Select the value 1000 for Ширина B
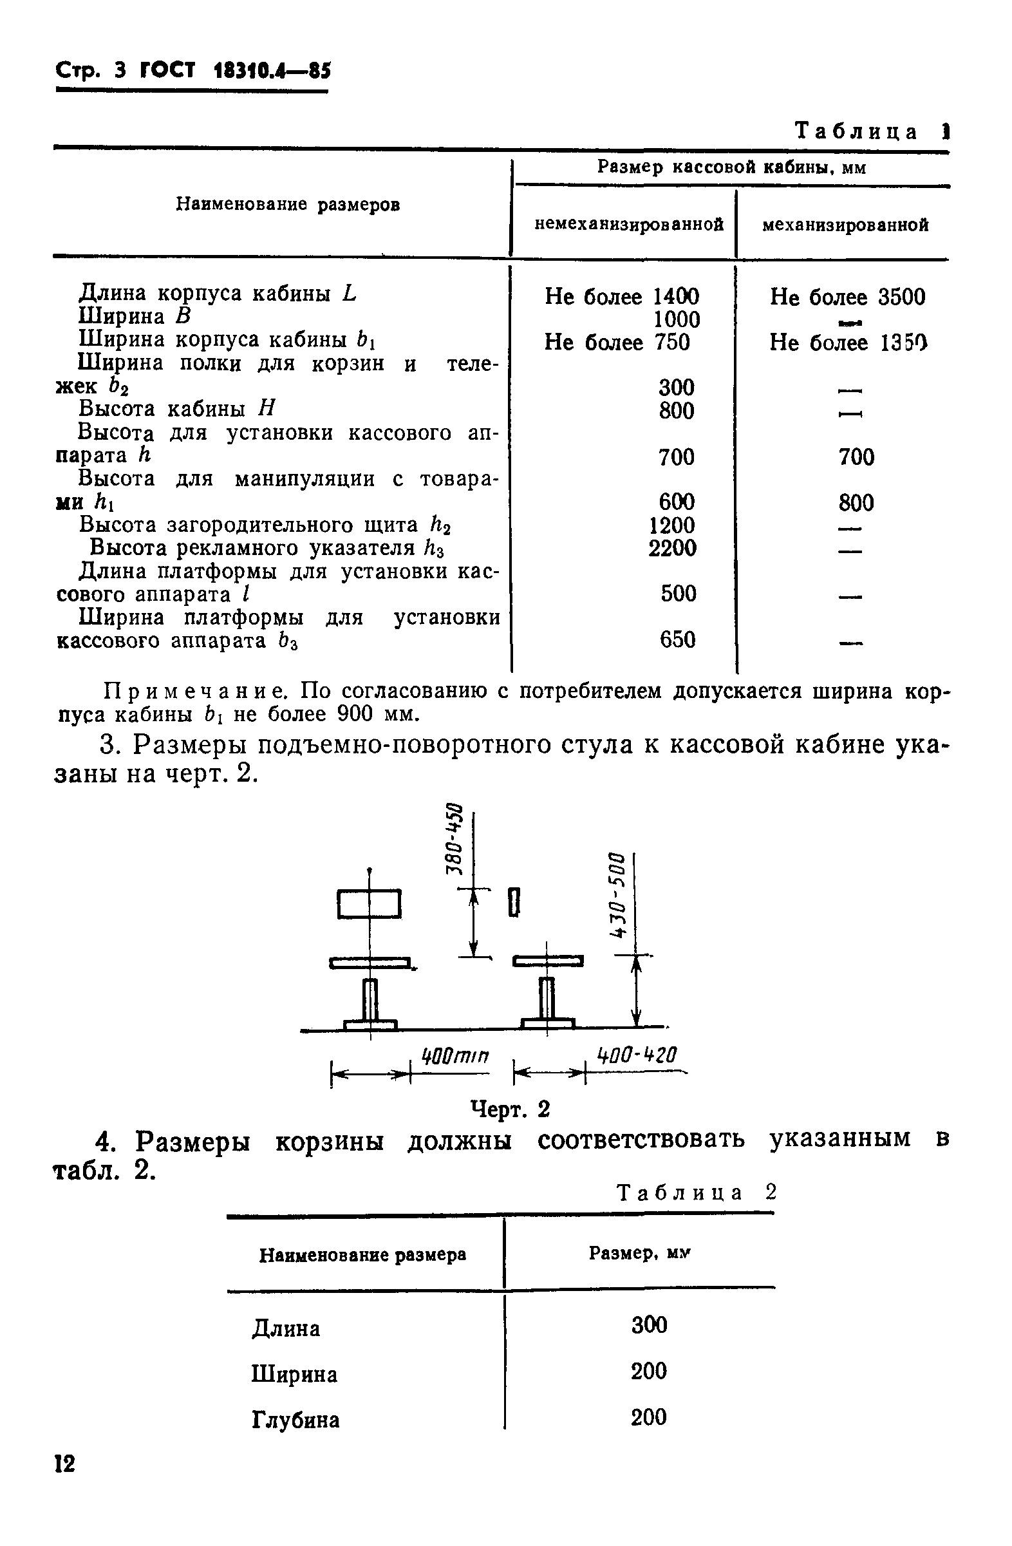pos(676,319)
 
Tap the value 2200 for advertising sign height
pos(672,548)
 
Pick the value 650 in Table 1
pos(677,640)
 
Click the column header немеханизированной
pos(629,225)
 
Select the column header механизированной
pos(845,225)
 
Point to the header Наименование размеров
pos(288,205)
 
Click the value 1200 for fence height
pos(672,525)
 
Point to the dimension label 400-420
pos(637,1055)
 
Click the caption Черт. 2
pos(510,1109)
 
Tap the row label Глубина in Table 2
pos(295,1420)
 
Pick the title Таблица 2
pos(696,1192)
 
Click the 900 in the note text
pos(355,715)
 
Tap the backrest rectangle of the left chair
pos(369,904)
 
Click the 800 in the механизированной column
pos(856,503)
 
